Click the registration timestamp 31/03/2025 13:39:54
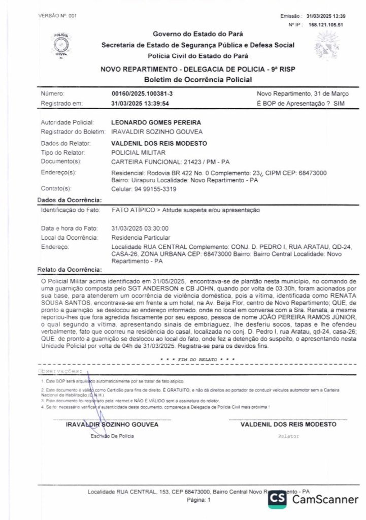(x=140, y=103)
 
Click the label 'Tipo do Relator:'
(x=62, y=152)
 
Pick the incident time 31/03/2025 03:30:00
(x=140, y=229)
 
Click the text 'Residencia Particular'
(x=141, y=238)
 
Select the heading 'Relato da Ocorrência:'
(x=70, y=270)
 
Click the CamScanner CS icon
(x=277, y=499)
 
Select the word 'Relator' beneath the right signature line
(x=289, y=436)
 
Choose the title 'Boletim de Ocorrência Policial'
(x=197, y=80)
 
